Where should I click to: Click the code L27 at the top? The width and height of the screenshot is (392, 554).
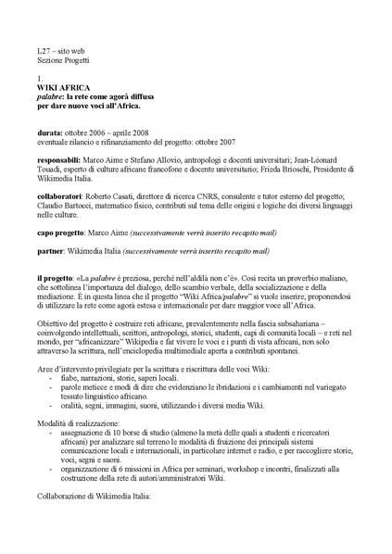point(33,46)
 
